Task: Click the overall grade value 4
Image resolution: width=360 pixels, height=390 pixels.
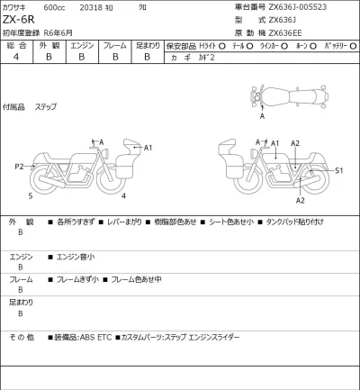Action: [15, 57]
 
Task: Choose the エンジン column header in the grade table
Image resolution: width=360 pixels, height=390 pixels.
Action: [82, 44]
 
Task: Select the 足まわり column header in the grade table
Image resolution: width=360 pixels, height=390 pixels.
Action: [148, 44]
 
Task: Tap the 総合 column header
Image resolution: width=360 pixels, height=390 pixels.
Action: [15, 44]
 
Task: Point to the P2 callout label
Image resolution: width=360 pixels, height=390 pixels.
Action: [18, 167]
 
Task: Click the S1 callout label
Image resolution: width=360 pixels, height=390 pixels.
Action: [338, 169]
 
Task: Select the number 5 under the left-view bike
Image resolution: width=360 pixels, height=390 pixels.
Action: [30, 195]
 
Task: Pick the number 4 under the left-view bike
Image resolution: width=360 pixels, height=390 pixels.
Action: [123, 195]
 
